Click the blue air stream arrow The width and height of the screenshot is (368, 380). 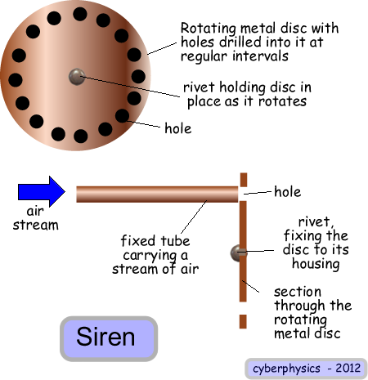[42, 191]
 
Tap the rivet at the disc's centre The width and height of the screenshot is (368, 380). [77, 77]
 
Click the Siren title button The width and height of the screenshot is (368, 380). [109, 338]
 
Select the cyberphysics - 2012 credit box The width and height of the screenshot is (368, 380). [307, 369]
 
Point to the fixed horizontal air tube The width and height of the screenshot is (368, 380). [157, 194]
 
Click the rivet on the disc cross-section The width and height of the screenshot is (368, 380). [238, 253]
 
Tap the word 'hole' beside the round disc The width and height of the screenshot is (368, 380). [178, 128]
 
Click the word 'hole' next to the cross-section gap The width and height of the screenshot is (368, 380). [288, 191]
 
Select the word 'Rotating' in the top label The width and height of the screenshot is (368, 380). [209, 29]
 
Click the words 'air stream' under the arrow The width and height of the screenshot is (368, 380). [36, 218]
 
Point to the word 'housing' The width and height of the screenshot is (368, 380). [316, 264]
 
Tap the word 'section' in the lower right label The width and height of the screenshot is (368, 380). [298, 292]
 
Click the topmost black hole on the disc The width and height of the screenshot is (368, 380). [80, 14]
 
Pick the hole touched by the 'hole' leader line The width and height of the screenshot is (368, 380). [122, 116]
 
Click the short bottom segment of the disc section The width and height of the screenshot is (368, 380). [243, 321]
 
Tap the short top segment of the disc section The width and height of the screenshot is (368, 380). [244, 180]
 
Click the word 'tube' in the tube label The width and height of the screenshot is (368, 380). [175, 241]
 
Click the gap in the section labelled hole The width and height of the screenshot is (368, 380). [244, 194]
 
